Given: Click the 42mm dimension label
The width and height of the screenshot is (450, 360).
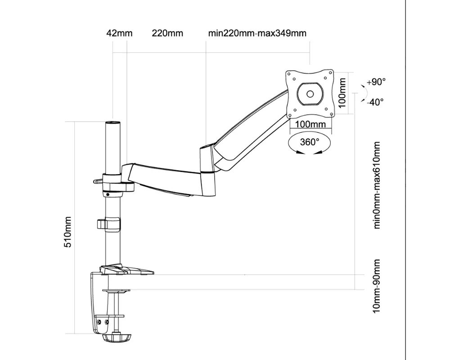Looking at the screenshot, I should pyautogui.click(x=120, y=33).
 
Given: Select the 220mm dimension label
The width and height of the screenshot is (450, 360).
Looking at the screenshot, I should pyautogui.click(x=167, y=33).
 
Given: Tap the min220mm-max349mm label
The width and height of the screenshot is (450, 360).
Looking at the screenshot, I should pyautogui.click(x=257, y=33).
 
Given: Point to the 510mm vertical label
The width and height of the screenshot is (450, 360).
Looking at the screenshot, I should pyautogui.click(x=68, y=232).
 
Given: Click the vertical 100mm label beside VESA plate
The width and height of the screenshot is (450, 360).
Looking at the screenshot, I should pyautogui.click(x=342, y=93).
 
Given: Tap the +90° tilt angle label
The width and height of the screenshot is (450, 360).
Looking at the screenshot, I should pyautogui.click(x=376, y=82).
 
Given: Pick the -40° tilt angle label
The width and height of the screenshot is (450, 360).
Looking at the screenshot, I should pyautogui.click(x=375, y=102).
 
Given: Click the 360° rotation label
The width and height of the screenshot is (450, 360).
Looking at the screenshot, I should pyautogui.click(x=310, y=142).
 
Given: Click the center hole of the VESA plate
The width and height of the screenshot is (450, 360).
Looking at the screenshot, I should pyautogui.click(x=310, y=94).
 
